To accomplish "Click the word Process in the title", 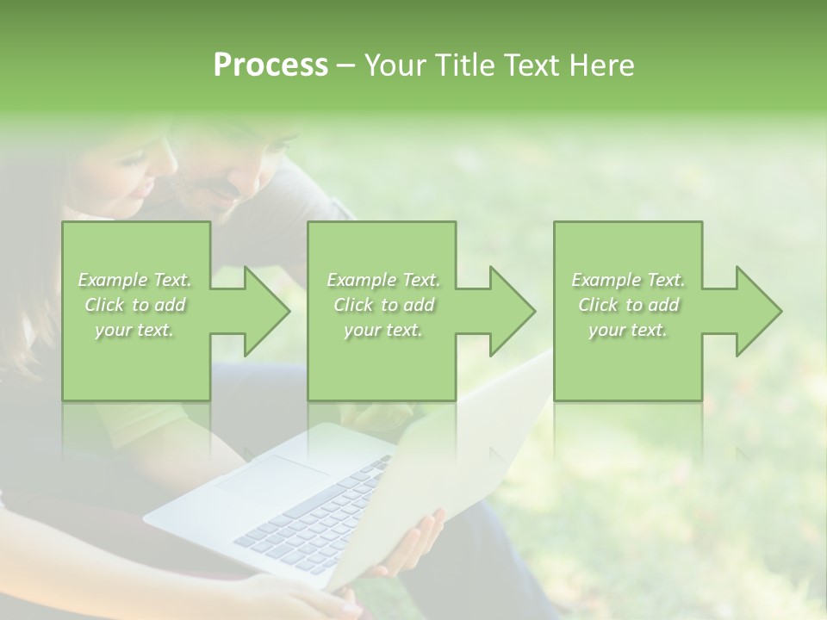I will (x=270, y=65).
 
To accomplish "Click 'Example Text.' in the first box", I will (x=135, y=280).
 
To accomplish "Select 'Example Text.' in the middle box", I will (x=383, y=280).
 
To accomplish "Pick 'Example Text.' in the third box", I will (x=628, y=280).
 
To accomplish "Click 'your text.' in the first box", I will (x=135, y=331).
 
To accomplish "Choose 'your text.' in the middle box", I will (x=383, y=331).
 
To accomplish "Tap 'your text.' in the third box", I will (x=628, y=331).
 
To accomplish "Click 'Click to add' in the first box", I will (x=135, y=305).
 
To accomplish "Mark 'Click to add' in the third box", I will (x=628, y=305).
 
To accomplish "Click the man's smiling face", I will (x=228, y=181).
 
